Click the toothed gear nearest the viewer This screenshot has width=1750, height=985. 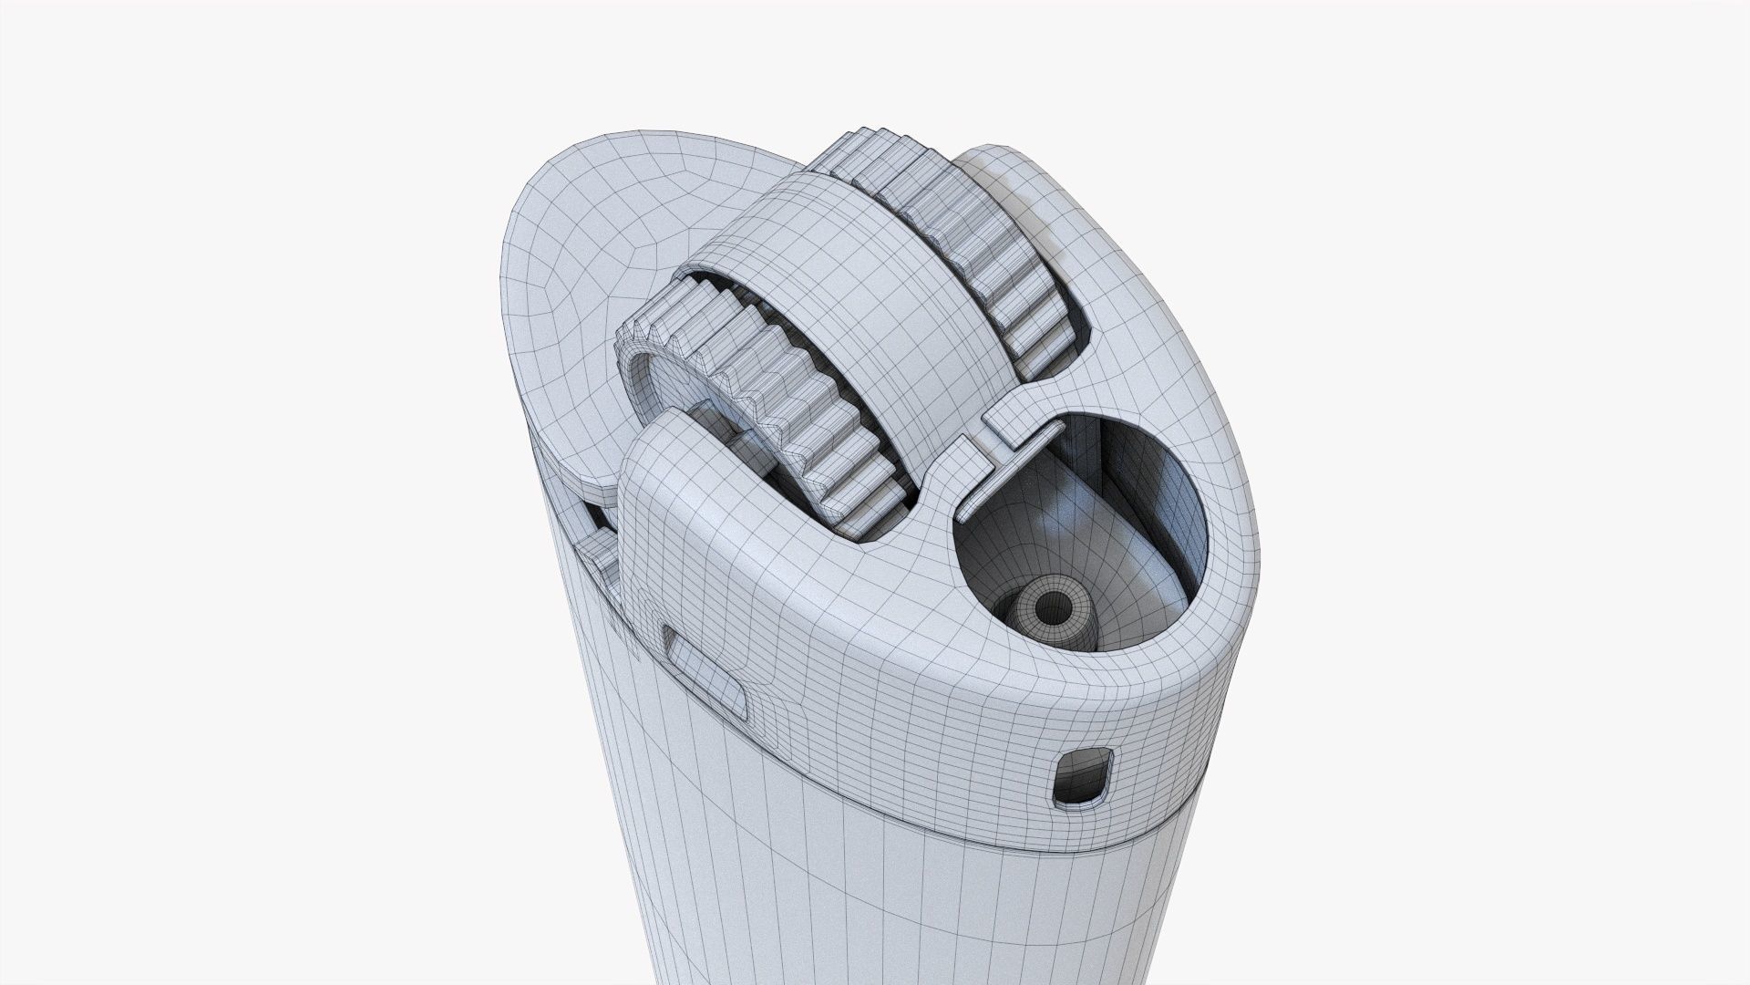[x=775, y=401]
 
